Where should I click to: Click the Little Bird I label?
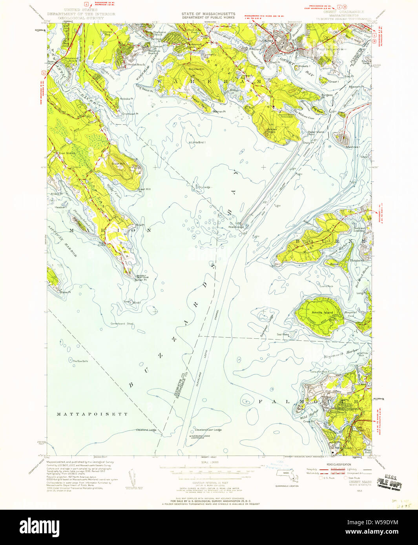(198, 143)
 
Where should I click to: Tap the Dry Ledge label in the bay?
(204, 187)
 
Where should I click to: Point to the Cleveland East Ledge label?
(208, 430)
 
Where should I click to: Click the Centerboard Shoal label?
(122, 324)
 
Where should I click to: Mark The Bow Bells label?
(80, 361)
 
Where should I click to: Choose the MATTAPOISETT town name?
(92, 414)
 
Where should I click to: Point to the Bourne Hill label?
(196, 69)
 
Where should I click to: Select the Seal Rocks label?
(283, 334)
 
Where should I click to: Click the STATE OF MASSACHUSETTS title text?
(208, 14)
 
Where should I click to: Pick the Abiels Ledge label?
(237, 227)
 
